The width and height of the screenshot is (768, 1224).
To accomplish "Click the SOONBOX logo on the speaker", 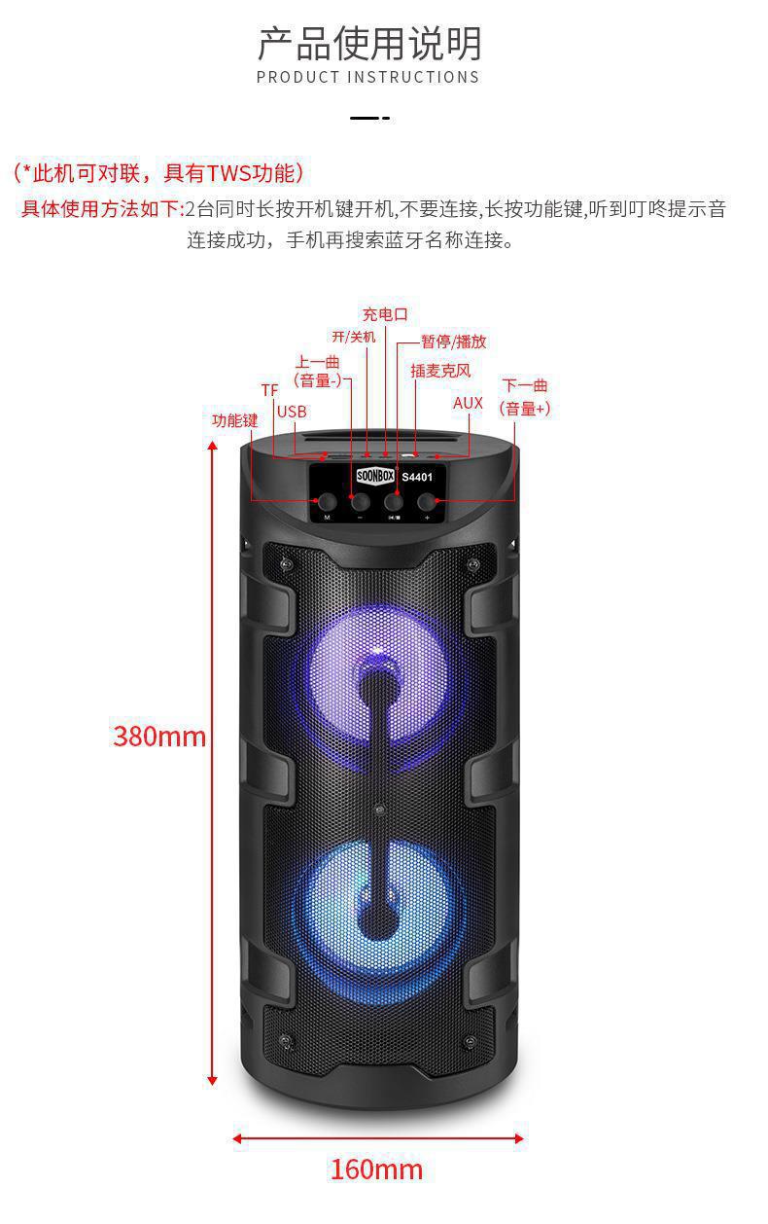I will (374, 477).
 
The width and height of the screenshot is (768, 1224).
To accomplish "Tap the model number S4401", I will (419, 477).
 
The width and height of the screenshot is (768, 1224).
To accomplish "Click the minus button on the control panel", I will (360, 501).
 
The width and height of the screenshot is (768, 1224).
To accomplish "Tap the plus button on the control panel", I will (427, 501).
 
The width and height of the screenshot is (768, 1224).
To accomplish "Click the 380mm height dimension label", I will (159, 736).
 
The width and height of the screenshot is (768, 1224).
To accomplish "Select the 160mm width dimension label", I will (376, 1169).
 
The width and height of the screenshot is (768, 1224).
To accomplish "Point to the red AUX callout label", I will (468, 403).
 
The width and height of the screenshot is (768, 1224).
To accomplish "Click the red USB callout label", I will (292, 412).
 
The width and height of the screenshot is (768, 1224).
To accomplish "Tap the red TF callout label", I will (269, 390).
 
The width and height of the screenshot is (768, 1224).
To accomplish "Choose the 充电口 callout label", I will (385, 314).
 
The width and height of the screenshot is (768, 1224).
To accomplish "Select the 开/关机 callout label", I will (353, 337).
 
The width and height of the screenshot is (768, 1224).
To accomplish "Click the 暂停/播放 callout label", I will (453, 342).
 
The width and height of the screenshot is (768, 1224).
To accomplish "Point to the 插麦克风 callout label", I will (439, 371).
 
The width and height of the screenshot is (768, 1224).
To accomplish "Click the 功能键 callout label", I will (235, 420).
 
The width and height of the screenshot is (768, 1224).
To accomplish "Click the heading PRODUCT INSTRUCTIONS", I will (368, 77).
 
